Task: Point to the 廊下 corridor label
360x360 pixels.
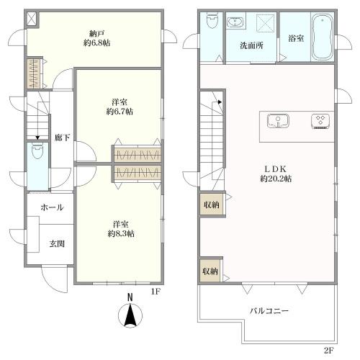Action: point(62,138)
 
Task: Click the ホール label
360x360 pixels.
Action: point(51,207)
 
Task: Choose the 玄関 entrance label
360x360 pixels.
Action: point(57,243)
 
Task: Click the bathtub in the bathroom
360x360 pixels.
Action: point(321,36)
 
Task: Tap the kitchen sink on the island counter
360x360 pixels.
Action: point(276,120)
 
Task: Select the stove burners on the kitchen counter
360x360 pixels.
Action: point(318,120)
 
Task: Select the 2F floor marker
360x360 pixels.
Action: point(328,351)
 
